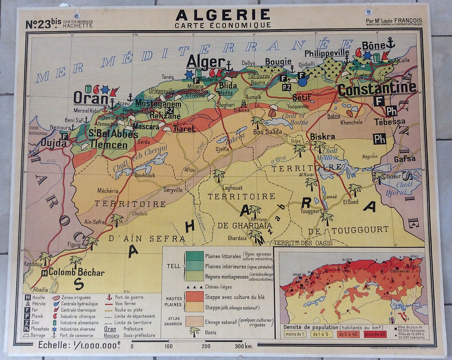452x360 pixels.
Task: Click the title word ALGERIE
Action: [222, 15]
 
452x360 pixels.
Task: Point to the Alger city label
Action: [205, 62]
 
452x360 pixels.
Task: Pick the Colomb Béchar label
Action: [77, 272]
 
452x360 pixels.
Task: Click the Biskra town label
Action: [322, 137]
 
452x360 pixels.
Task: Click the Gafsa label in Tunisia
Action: [404, 159]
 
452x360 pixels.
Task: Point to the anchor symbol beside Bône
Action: [390, 44]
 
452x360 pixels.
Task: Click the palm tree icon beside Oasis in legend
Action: [195, 331]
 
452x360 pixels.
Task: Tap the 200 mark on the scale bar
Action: [206, 346]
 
